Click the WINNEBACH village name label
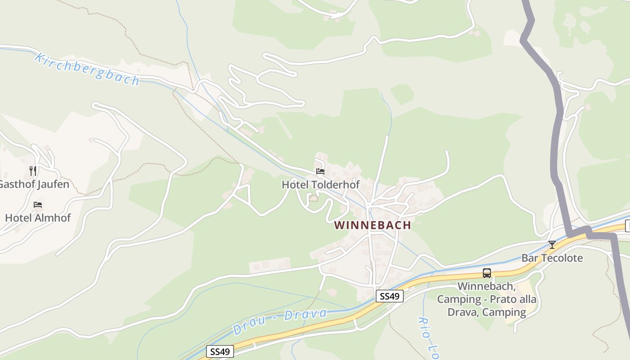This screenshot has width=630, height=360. [x=373, y=225]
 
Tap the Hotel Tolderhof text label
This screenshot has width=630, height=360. [x=320, y=184]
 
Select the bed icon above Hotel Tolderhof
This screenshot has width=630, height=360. [x=320, y=171]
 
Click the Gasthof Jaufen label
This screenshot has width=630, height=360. [x=34, y=184]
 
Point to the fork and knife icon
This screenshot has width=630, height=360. [x=33, y=171]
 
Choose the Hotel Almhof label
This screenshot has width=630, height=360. [x=38, y=218]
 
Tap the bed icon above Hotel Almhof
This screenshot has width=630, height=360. [x=38, y=205]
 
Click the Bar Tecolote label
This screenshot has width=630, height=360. [x=552, y=258]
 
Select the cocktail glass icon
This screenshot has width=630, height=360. [x=552, y=245]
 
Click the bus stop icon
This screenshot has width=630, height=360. [x=487, y=273]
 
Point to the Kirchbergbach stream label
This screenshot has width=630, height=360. [x=87, y=69]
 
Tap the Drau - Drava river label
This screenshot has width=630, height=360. [x=280, y=321]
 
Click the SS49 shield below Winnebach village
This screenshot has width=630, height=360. [x=390, y=296]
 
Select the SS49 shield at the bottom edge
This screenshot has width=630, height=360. [x=220, y=352]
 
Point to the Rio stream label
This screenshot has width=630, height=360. [x=426, y=335]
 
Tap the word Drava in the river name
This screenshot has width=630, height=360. [x=306, y=315]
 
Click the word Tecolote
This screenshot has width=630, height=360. [x=562, y=258]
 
